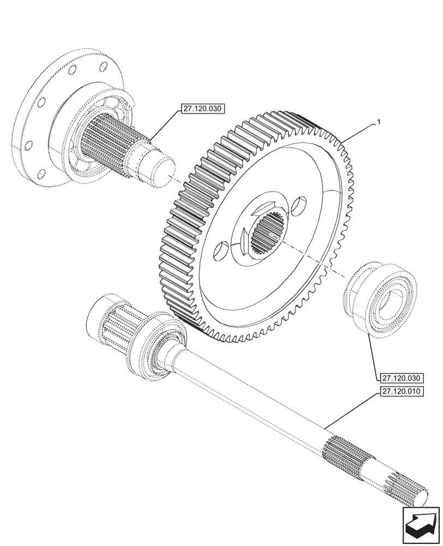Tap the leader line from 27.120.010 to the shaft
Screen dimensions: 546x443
(x=349, y=410)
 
